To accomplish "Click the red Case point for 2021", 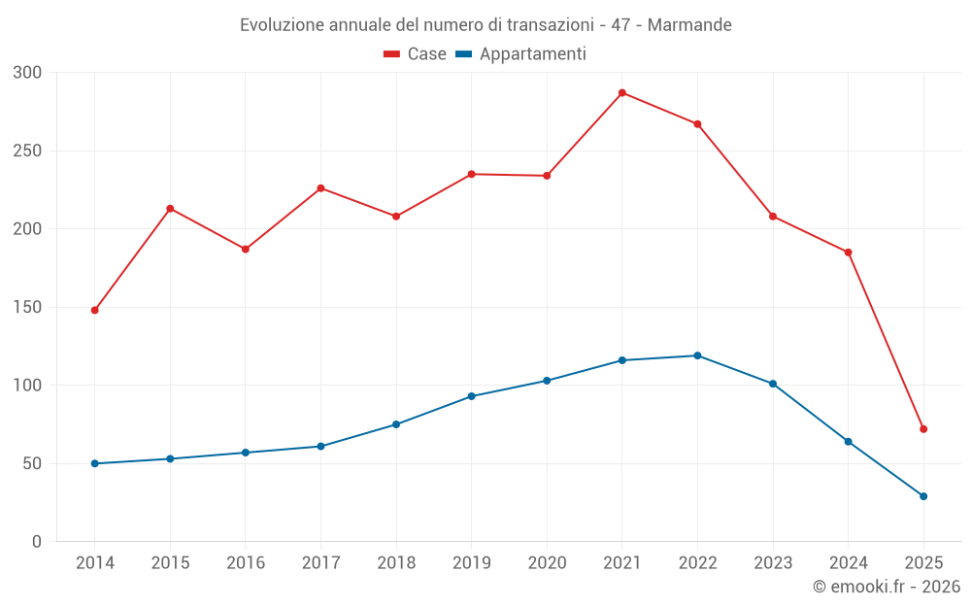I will click(x=622, y=93).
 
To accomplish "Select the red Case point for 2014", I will click(x=94, y=310).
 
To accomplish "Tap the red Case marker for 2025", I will click(x=923, y=429).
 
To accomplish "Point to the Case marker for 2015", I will click(x=170, y=209).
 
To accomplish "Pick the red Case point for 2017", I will click(x=320, y=188).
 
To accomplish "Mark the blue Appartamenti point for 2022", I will click(x=697, y=355).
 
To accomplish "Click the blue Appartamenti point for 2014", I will click(x=94, y=463).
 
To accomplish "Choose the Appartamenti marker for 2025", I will click(x=923, y=496).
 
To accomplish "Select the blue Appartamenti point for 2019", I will click(x=471, y=396).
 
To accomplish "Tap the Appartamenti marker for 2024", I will click(x=849, y=442).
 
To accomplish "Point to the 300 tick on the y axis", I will click(x=28, y=73).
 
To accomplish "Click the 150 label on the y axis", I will click(x=28, y=308).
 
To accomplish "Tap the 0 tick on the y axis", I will click(x=37, y=542).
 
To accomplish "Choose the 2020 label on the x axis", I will click(x=547, y=563).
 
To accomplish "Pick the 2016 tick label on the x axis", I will click(x=245, y=563).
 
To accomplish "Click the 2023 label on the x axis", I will click(x=773, y=563).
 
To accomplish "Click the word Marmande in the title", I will click(x=689, y=24).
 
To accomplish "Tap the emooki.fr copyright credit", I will click(x=886, y=587).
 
